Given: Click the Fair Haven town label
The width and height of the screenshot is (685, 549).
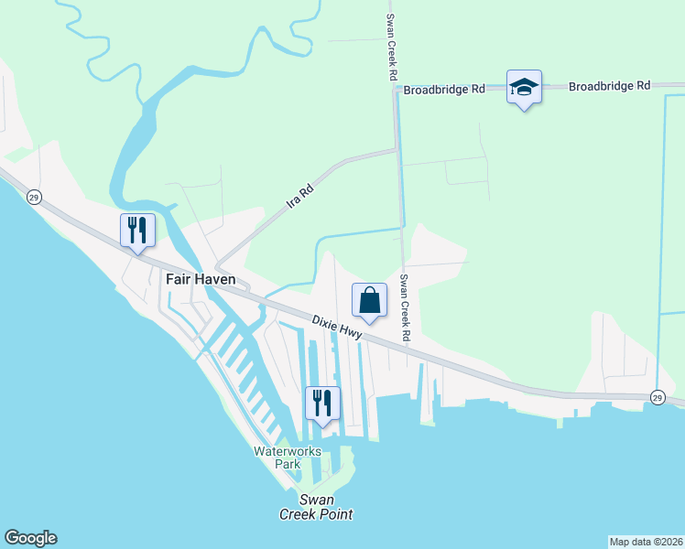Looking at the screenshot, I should pyautogui.click(x=201, y=279).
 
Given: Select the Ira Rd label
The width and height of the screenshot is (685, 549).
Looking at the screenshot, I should pyautogui.click(x=300, y=195).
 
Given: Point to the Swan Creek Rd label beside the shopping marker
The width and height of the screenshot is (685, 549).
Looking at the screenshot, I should pyautogui.click(x=405, y=307).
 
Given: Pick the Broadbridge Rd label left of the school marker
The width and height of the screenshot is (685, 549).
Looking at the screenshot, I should pyautogui.click(x=444, y=90).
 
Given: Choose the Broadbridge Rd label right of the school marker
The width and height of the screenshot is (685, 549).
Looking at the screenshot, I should pyautogui.click(x=609, y=86).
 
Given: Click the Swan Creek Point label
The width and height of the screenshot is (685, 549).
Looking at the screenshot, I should pyautogui.click(x=316, y=507).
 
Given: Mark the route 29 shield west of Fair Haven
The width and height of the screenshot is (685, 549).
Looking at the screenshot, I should pyautogui.click(x=34, y=198).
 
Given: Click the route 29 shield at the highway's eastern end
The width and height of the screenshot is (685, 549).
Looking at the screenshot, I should pyautogui.click(x=658, y=396).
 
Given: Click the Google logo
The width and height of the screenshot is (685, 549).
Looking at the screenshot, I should pyautogui.click(x=30, y=538).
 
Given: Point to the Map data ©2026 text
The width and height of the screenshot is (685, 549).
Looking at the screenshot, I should pyautogui.click(x=646, y=541).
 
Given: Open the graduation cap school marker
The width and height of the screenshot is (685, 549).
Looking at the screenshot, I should pyautogui.click(x=524, y=88).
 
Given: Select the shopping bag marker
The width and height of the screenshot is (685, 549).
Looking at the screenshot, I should pyautogui.click(x=370, y=300).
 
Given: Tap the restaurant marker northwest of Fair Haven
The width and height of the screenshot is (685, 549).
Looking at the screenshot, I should pyautogui.click(x=138, y=230).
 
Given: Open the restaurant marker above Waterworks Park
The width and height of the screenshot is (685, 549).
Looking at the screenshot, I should pyautogui.click(x=322, y=403).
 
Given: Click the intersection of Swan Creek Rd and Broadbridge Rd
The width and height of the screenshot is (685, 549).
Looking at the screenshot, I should pyautogui.click(x=395, y=89).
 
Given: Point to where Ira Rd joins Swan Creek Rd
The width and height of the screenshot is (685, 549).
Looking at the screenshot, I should pyautogui.click(x=396, y=149).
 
